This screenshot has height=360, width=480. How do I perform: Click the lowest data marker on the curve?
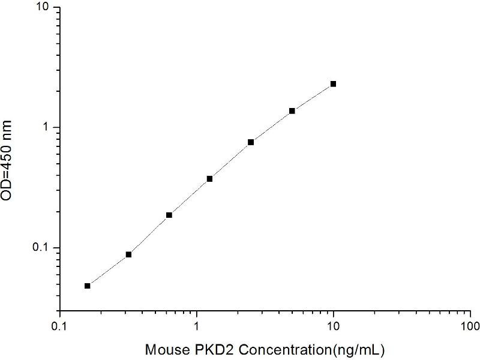(88, 286)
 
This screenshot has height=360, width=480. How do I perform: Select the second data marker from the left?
(128, 254)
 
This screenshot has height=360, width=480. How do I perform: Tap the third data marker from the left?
(169, 215)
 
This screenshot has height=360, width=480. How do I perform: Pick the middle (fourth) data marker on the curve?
(210, 179)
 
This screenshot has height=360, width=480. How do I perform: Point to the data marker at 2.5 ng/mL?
(251, 142)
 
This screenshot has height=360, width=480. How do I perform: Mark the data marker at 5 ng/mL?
(292, 111)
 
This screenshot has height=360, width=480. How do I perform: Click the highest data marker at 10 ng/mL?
(333, 84)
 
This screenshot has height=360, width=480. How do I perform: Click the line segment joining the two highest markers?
(313, 97)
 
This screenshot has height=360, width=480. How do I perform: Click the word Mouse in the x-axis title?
(164, 348)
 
